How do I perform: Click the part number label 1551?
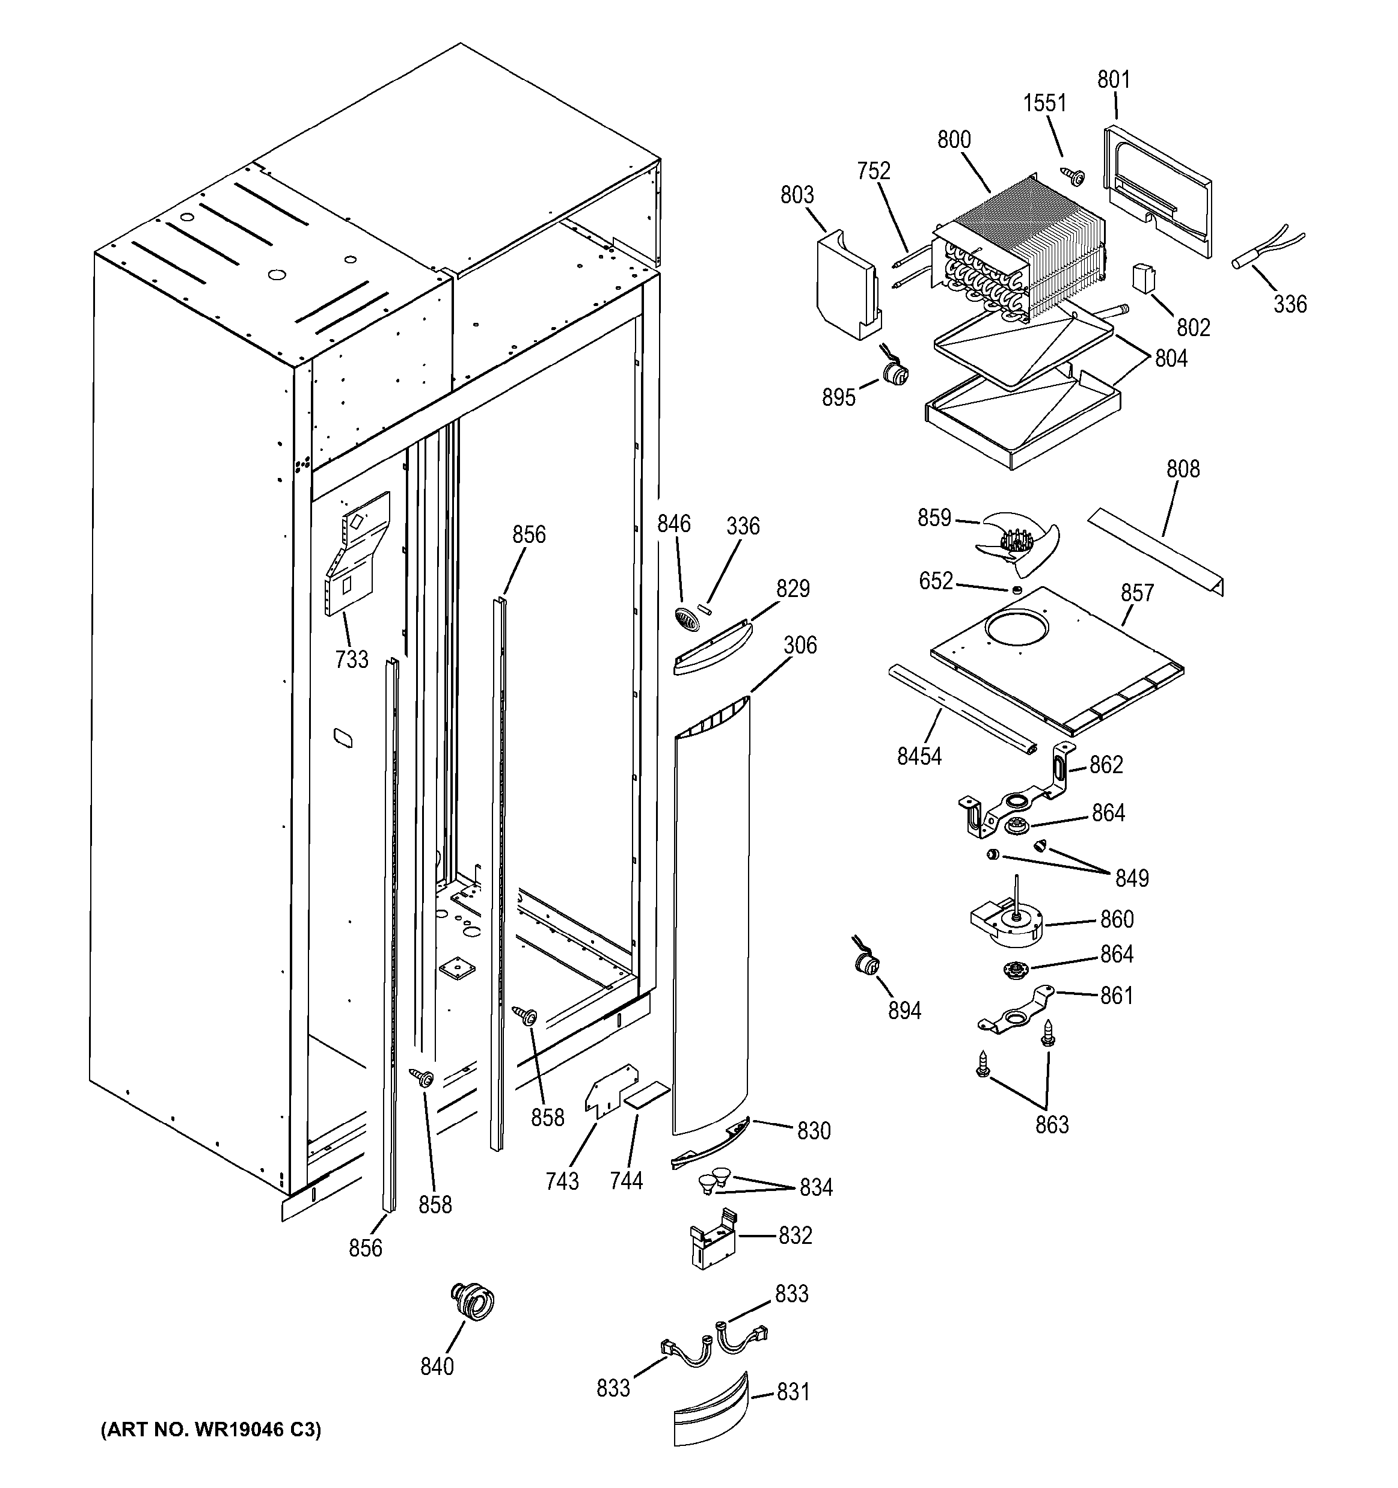(1045, 103)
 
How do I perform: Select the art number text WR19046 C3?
(211, 1430)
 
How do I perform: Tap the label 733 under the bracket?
(352, 659)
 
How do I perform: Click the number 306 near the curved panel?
(800, 644)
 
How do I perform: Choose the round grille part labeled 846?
(685, 618)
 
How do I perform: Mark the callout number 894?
(904, 1011)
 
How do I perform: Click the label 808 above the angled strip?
(1183, 470)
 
